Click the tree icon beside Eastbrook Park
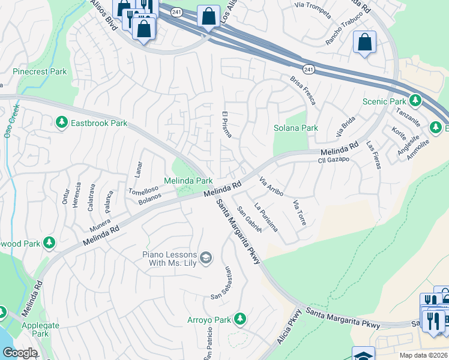pyautogui.click(x=61, y=123)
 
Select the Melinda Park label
pyautogui.click(x=188, y=181)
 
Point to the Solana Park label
pyautogui.click(x=295, y=128)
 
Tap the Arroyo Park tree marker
pyautogui.click(x=240, y=319)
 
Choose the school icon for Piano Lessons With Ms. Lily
pyautogui.click(x=205, y=258)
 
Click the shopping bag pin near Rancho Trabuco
pyautogui.click(x=364, y=42)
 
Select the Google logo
pyautogui.click(x=20, y=353)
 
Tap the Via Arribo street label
pyautogui.click(x=271, y=187)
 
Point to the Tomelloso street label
pyautogui.click(x=143, y=190)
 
